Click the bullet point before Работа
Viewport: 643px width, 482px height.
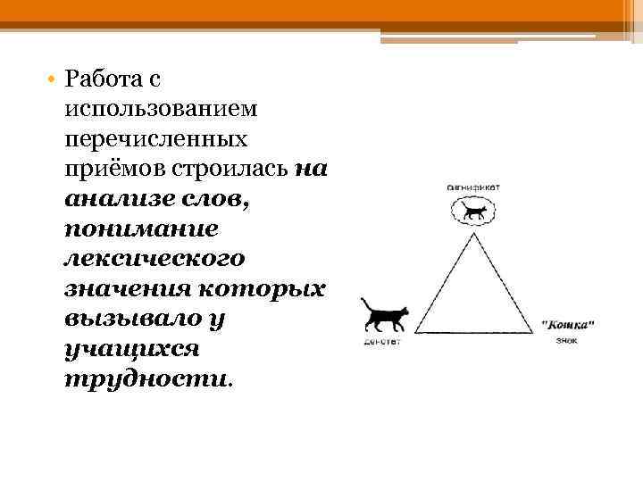click(x=54, y=80)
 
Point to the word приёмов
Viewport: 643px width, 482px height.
click(x=105, y=169)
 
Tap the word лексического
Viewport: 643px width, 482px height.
click(x=154, y=260)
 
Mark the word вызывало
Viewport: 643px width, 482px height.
click(x=120, y=319)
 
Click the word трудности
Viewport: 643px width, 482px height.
click(x=146, y=378)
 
